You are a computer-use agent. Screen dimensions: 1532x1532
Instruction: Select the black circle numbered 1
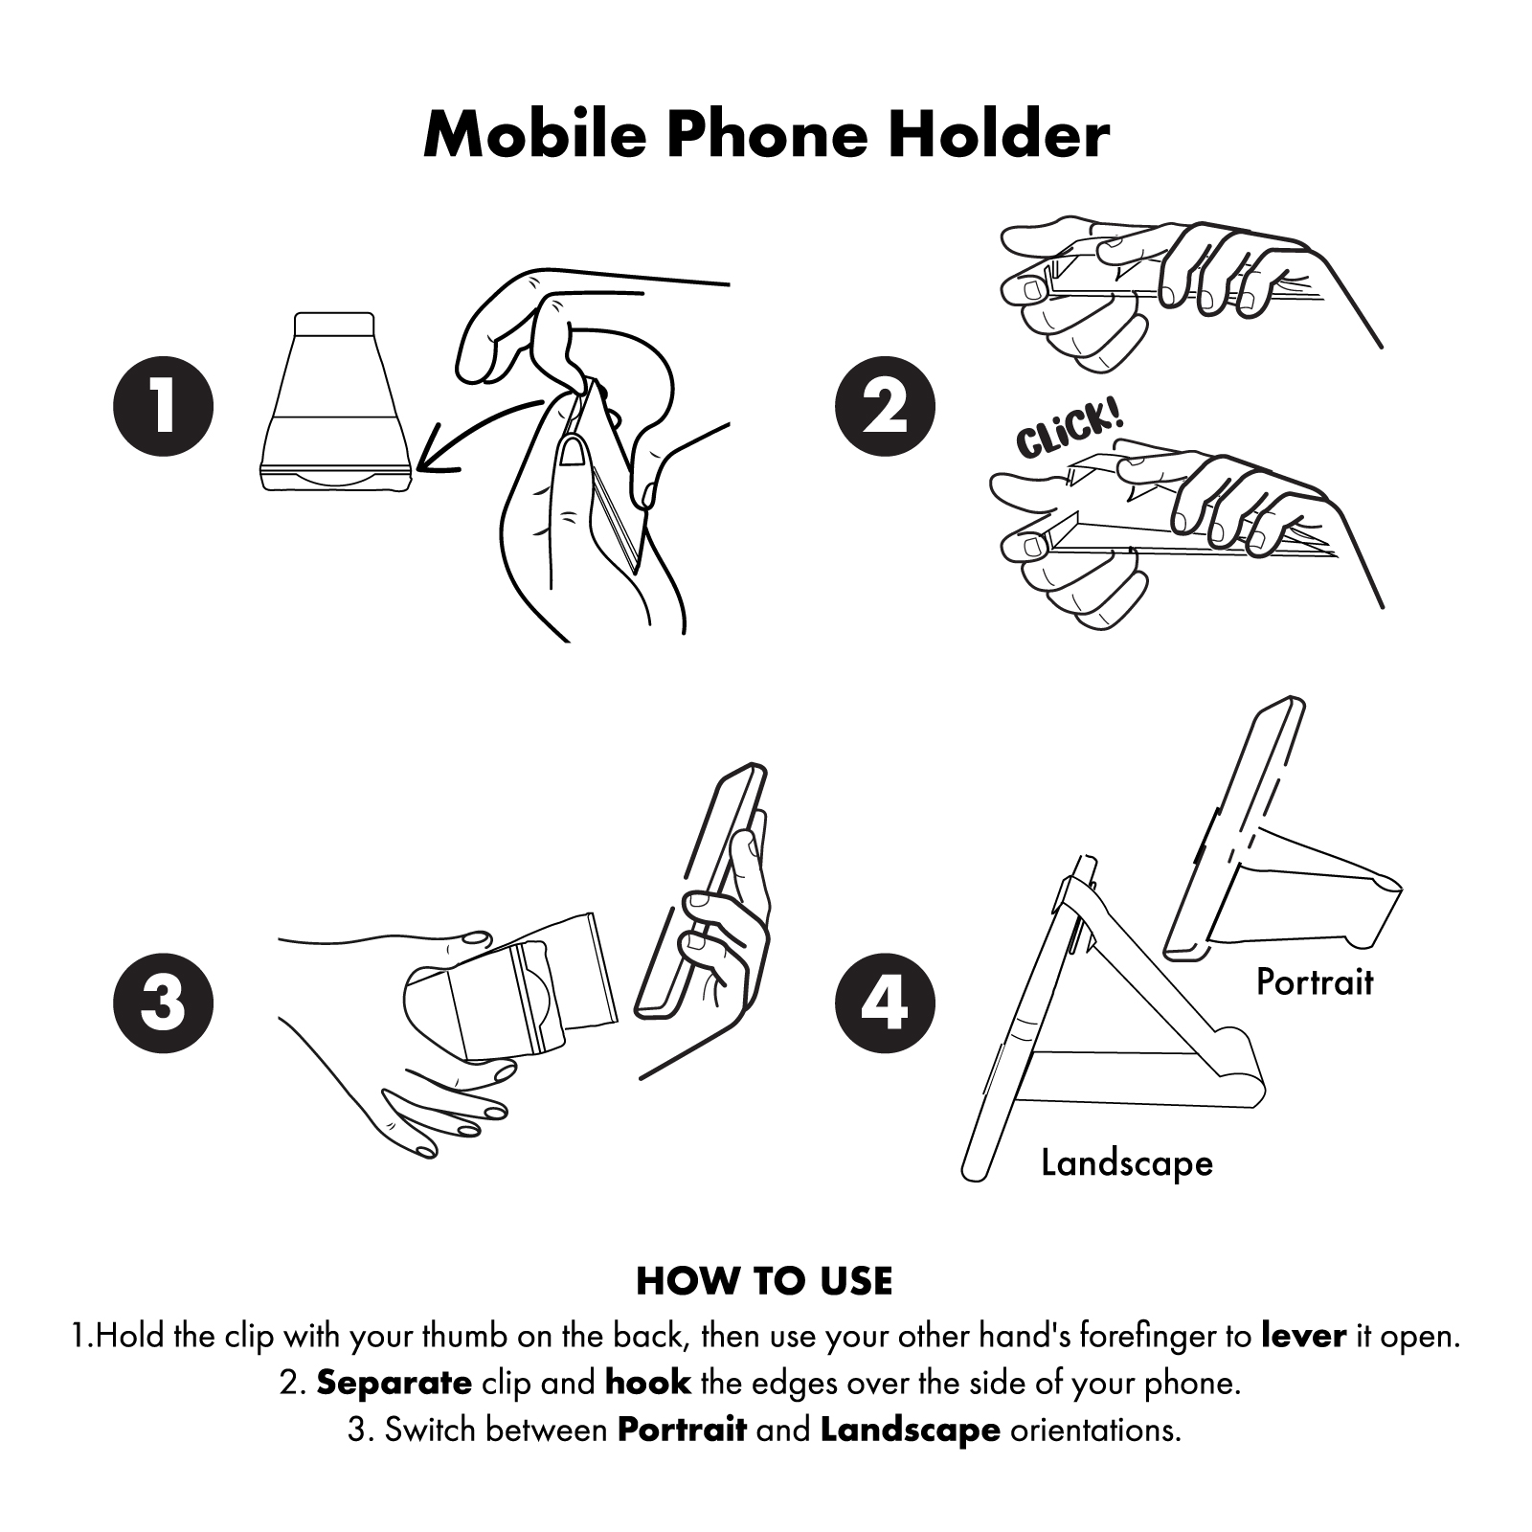pos(163,406)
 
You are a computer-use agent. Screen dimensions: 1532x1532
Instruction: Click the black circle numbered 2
pos(885,406)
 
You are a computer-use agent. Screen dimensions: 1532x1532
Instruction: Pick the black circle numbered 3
pos(163,1003)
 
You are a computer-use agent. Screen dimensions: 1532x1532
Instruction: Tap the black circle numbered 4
pos(885,1003)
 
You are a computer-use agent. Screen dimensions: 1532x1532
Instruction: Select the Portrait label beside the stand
pos(1315,982)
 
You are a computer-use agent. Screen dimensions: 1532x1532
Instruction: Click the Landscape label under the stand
pos(1127,1163)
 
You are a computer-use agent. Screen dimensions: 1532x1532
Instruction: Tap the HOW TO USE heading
pos(764,1281)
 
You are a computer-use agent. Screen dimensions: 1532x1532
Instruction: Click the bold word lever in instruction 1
pos(1304,1335)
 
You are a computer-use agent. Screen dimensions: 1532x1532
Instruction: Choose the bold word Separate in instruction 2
pos(394,1383)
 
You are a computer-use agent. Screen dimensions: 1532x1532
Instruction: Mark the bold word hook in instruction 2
pos(648,1383)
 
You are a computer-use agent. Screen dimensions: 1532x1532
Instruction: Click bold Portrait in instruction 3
pos(682,1431)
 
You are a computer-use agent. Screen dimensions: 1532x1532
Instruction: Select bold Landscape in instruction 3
pos(910,1431)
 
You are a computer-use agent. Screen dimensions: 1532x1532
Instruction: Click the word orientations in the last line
pos(1095,1431)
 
